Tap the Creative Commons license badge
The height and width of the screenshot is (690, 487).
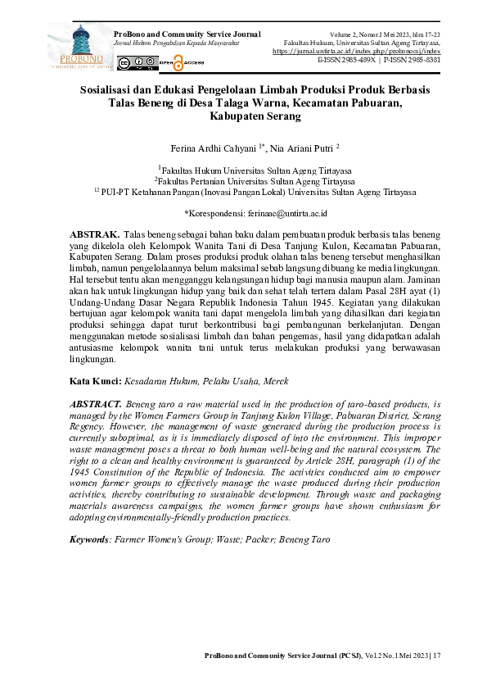137,62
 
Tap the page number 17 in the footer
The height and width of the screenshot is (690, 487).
436,655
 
